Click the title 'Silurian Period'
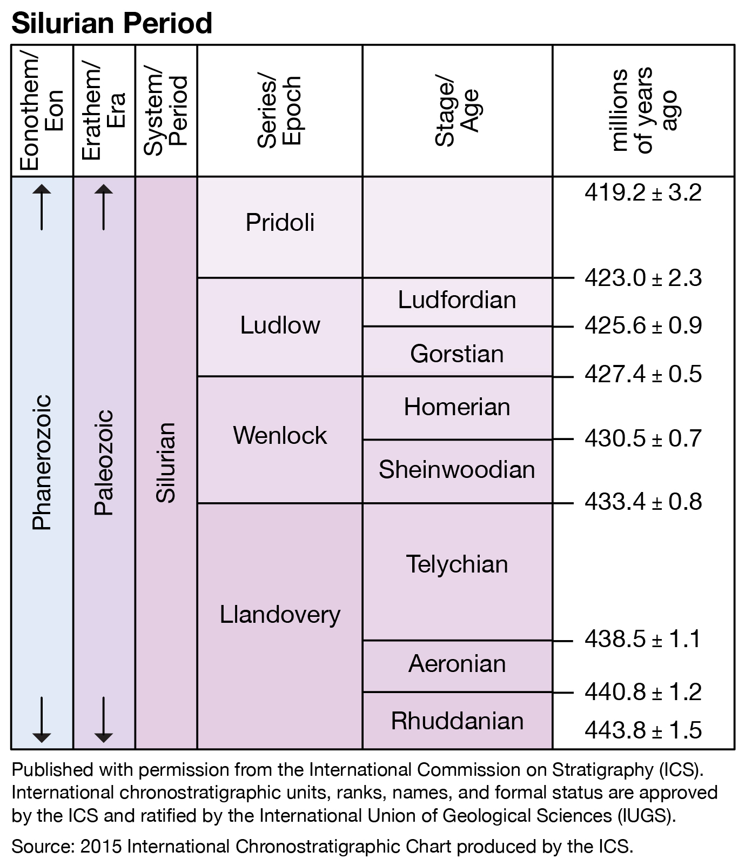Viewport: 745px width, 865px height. (x=111, y=23)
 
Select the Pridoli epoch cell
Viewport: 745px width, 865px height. (x=280, y=223)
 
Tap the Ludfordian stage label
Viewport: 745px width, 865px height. (x=457, y=300)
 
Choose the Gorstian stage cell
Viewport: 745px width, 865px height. (x=457, y=354)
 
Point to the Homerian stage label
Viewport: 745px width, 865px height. (x=457, y=407)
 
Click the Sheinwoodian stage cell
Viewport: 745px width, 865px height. (x=457, y=469)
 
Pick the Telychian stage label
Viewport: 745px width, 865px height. (x=457, y=564)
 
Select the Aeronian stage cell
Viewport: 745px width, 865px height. (x=457, y=664)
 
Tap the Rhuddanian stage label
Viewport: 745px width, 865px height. (x=457, y=721)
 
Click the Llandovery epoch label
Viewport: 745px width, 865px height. (x=280, y=615)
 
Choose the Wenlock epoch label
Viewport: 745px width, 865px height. (x=280, y=435)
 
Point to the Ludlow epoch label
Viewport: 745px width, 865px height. (x=280, y=325)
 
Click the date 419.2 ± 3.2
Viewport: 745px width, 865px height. (x=643, y=193)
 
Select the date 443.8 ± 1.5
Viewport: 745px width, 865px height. (x=643, y=730)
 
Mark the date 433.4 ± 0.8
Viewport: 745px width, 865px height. (x=643, y=502)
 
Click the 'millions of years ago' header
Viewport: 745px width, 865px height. (x=643, y=111)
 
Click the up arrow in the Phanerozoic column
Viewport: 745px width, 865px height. (x=42, y=207)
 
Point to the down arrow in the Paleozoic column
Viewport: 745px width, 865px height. (x=104, y=720)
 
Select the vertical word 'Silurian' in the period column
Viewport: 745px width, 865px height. (x=166, y=463)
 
